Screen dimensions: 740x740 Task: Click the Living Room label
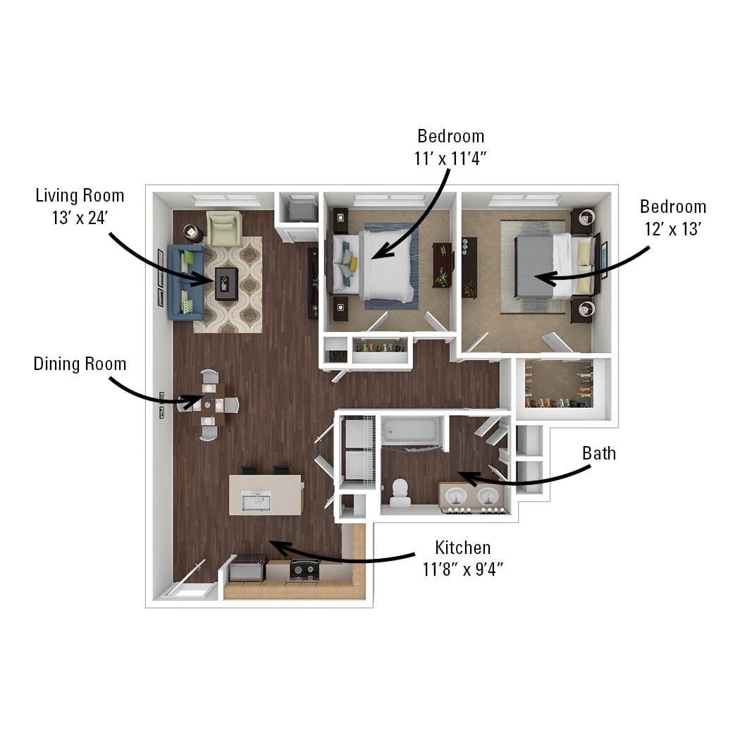[x=80, y=195]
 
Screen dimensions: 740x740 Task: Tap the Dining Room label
[x=80, y=364]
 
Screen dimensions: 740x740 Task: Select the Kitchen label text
[x=462, y=547]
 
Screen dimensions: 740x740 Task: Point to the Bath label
[x=598, y=453]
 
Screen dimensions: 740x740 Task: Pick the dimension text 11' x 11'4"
[x=450, y=159]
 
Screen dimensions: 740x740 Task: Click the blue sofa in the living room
[x=185, y=282]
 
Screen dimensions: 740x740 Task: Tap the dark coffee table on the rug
[x=226, y=283]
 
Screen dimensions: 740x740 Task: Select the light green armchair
[x=224, y=228]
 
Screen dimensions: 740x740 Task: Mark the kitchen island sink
[x=256, y=501]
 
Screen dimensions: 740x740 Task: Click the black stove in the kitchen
[x=304, y=569]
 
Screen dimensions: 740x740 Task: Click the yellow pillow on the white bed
[x=353, y=264]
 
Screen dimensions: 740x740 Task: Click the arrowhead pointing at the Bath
[x=465, y=477]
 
